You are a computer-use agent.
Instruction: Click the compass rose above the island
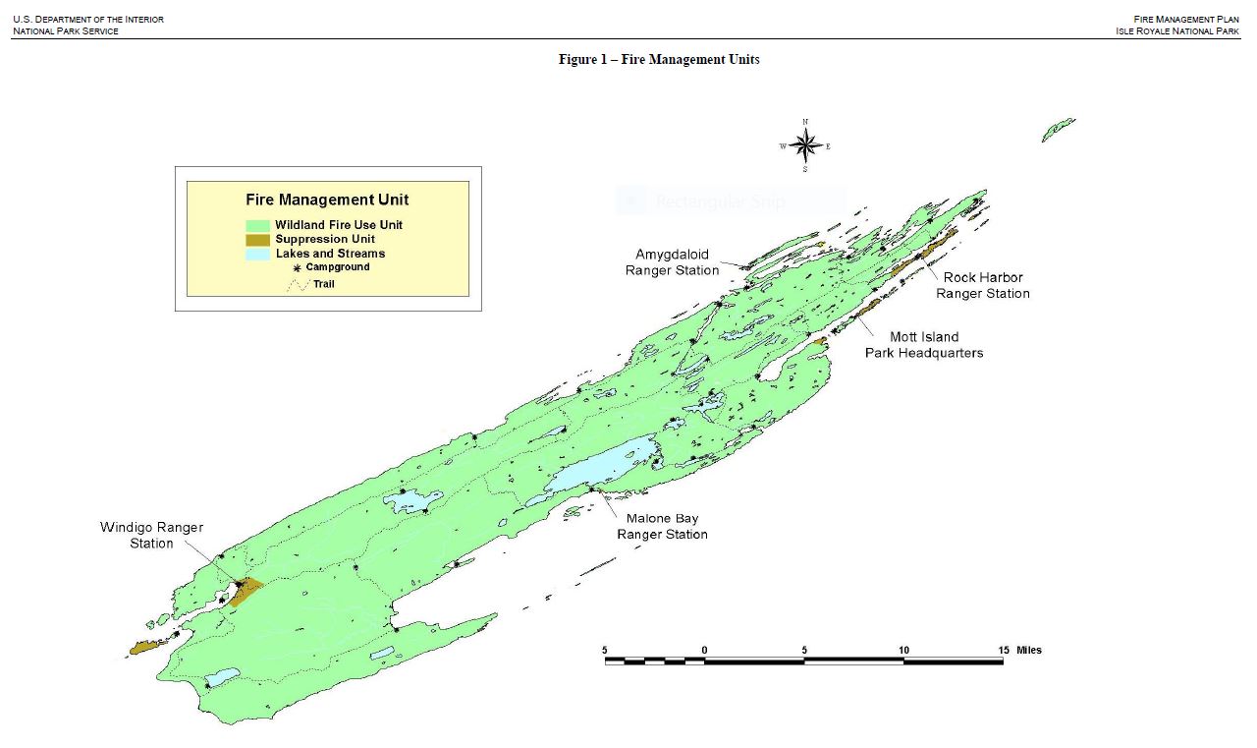tap(805, 146)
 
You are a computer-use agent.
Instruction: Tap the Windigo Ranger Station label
tap(151, 535)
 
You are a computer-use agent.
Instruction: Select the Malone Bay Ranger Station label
tap(662, 526)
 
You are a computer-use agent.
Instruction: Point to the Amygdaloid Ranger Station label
tap(672, 261)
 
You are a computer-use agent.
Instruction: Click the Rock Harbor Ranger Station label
tap(983, 285)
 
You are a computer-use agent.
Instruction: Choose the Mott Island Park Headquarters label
tap(924, 345)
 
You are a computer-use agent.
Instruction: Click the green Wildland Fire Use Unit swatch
tap(258, 225)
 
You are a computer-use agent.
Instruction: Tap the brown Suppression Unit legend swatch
tap(258, 240)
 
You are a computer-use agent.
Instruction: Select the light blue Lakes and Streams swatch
tap(258, 254)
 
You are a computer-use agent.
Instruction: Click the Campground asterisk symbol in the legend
tap(297, 267)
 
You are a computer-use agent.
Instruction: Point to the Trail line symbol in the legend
tap(297, 285)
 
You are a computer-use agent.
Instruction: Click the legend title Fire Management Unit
tap(327, 200)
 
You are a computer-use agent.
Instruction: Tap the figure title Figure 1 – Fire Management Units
tap(659, 60)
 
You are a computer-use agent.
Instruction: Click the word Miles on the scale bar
tap(1029, 650)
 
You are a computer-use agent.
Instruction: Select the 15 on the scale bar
tap(1003, 650)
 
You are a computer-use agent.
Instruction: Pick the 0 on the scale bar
tap(704, 650)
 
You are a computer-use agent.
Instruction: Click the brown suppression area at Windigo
tap(247, 590)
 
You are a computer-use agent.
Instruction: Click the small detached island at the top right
tap(1058, 129)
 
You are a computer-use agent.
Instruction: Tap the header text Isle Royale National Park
tap(1183, 30)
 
